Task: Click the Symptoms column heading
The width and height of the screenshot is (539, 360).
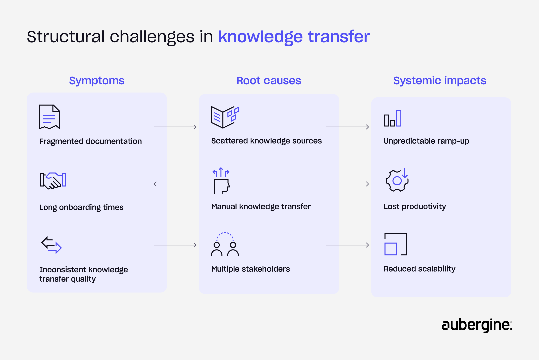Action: click(97, 81)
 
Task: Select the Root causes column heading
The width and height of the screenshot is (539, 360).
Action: click(269, 81)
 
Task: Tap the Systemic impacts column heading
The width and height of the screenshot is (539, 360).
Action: click(440, 81)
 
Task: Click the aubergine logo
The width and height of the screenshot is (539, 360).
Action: click(477, 325)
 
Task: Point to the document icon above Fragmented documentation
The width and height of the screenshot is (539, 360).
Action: click(49, 117)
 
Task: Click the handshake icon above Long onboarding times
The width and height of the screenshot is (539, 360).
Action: click(53, 181)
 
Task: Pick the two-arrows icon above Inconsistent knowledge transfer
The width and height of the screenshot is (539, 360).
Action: click(51, 245)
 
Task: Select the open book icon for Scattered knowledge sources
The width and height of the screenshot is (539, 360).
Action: click(225, 117)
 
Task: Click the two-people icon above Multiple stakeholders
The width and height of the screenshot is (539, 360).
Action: click(225, 244)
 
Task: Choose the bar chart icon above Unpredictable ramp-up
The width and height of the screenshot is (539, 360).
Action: click(393, 119)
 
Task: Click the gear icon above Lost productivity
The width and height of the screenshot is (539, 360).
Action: click(397, 180)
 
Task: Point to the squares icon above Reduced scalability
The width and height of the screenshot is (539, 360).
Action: click(395, 244)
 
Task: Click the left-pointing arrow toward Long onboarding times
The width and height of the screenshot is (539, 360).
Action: click(175, 184)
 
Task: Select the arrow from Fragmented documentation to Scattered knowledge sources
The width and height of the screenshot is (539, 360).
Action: click(175, 127)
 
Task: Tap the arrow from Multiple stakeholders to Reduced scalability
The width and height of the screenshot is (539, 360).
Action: click(348, 245)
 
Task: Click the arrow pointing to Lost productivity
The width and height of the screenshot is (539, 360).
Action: click(348, 184)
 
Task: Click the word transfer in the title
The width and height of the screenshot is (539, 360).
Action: click(339, 37)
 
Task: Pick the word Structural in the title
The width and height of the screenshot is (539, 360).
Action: click(66, 37)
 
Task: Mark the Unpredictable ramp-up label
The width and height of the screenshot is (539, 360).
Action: click(426, 141)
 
